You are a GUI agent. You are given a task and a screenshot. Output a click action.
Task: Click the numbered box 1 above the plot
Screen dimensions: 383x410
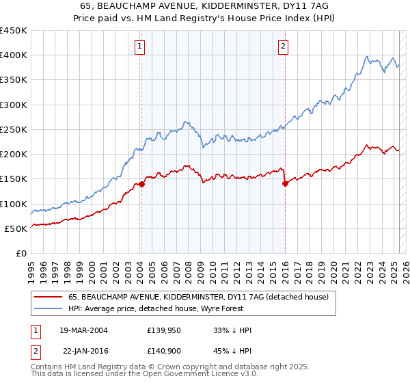pos(139,47)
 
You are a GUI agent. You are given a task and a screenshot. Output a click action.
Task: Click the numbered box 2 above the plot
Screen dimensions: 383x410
pos(283,47)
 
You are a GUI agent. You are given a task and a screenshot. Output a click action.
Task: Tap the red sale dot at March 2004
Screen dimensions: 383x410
pos(141,184)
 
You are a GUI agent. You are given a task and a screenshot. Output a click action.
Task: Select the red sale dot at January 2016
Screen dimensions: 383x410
pos(284,183)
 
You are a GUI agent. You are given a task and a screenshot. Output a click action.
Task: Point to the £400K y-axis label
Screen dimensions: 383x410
pos(14,55)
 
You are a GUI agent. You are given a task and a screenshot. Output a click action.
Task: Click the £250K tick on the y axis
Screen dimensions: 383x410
pos(14,129)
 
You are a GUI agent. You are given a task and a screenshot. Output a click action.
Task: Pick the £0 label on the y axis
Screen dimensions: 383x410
pos(22,253)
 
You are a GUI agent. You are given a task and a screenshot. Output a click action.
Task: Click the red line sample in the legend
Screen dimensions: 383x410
pos(48,297)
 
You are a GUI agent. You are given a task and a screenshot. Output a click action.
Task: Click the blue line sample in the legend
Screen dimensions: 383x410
pos(48,308)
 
